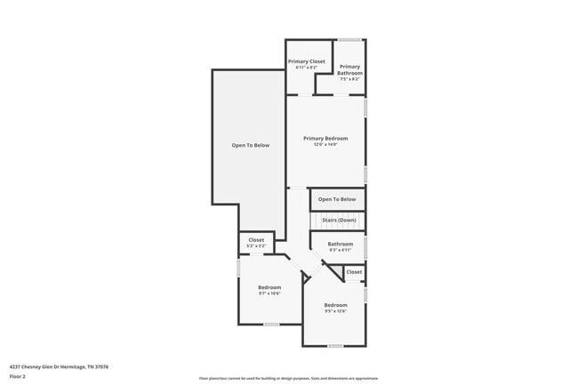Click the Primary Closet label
(x=306, y=61)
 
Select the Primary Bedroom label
(x=325, y=138)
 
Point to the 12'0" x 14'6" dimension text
(x=325, y=145)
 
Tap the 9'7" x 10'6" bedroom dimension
(x=269, y=294)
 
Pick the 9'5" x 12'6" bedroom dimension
(x=335, y=311)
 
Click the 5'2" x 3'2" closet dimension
(x=256, y=245)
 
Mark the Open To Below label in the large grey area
(x=250, y=145)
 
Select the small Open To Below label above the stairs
(x=337, y=199)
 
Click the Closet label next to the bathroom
(x=354, y=271)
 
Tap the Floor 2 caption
(x=18, y=376)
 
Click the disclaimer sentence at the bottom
(x=288, y=378)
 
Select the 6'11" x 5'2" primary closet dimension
(x=306, y=67)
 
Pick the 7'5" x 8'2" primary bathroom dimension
(x=349, y=78)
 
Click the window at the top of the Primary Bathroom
(x=349, y=39)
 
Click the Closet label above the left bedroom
(x=256, y=239)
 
